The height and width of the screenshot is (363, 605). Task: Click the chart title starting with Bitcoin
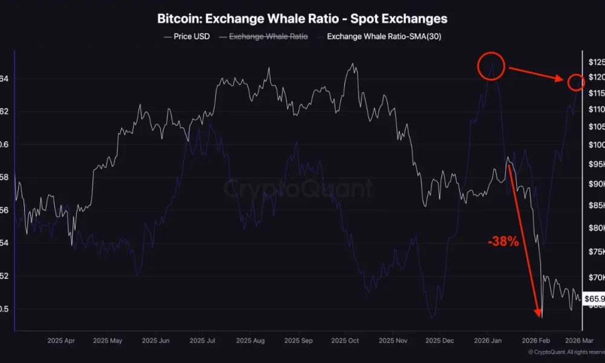coord(302,19)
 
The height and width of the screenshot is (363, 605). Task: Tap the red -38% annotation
coord(503,242)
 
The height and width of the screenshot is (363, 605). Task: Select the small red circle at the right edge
coord(575,80)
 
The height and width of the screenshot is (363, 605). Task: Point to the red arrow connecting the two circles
coord(536,74)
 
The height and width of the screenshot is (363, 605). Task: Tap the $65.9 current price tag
coord(594,299)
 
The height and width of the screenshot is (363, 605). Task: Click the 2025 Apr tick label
coord(61,341)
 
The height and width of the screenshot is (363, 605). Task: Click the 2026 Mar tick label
coord(579,341)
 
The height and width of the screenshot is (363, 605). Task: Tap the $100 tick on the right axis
coord(596,145)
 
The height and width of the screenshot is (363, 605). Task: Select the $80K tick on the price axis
coord(596,227)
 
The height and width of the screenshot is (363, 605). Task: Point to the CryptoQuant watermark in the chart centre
coord(298,189)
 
